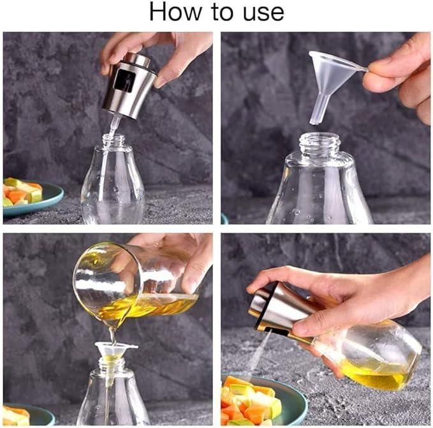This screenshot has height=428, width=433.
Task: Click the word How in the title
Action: pos(171,13)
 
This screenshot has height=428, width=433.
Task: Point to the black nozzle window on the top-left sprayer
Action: pos(125,81)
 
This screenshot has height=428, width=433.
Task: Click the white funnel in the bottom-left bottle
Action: pos(115,350)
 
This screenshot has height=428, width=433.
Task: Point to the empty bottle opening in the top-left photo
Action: pos(114,140)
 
